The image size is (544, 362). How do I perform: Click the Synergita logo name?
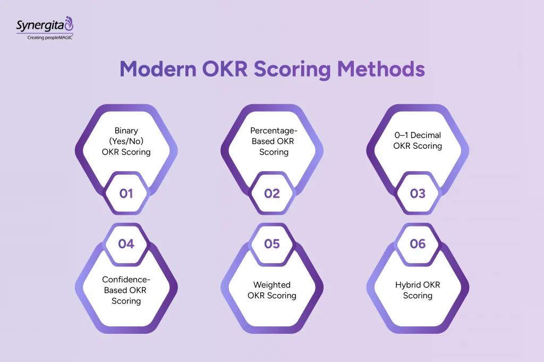[40, 25]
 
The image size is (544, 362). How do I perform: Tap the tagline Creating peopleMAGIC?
[50, 38]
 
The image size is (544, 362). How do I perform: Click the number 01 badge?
[126, 193]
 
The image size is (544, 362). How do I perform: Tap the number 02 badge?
[272, 193]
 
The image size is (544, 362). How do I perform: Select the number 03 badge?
[418, 193]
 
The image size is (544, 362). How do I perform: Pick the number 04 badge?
[126, 243]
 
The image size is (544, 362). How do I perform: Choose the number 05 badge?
[272, 243]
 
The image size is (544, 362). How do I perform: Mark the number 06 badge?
[418, 243]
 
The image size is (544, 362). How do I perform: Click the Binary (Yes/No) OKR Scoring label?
[126, 141]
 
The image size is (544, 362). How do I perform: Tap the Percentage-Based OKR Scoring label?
[272, 141]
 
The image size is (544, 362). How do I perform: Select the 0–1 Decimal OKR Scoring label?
[418, 140]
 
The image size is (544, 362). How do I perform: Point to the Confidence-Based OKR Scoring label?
[126, 290]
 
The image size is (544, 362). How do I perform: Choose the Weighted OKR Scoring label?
[272, 290]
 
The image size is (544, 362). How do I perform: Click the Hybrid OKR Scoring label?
[418, 290]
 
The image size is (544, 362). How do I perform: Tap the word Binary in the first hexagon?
[126, 130]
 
